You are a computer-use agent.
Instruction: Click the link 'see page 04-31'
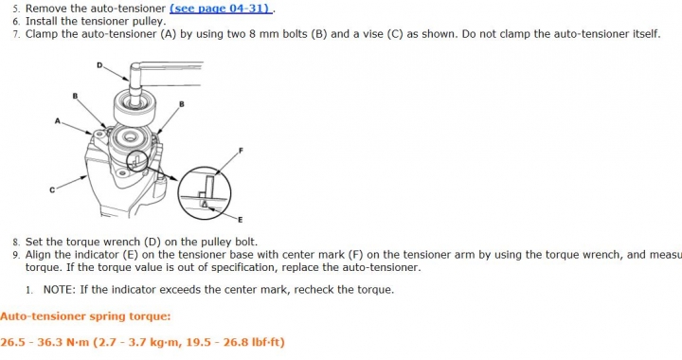(x=221, y=9)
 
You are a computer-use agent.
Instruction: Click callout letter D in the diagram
(x=99, y=65)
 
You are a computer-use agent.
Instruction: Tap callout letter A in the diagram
(x=58, y=121)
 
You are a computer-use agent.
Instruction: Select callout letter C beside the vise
(x=52, y=190)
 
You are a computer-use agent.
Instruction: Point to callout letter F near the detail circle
(x=241, y=151)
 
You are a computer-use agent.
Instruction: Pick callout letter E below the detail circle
(x=240, y=220)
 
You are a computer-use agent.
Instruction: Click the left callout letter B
(x=75, y=96)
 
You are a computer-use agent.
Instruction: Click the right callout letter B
(x=182, y=104)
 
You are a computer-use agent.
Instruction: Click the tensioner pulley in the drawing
(x=134, y=109)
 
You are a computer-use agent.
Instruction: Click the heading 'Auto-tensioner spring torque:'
(x=85, y=316)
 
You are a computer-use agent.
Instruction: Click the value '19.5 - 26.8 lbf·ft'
(x=234, y=342)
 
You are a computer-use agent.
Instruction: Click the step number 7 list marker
(x=16, y=34)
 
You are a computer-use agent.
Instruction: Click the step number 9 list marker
(x=16, y=255)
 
